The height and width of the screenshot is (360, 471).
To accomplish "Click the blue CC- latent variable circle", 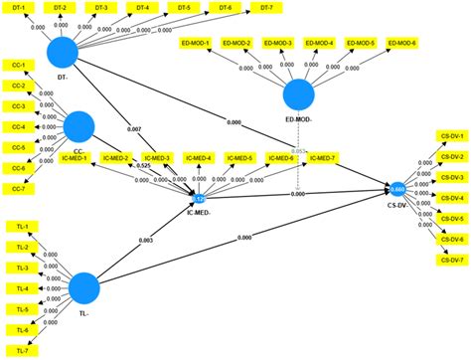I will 79,125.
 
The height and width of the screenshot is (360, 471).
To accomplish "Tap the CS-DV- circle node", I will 396,187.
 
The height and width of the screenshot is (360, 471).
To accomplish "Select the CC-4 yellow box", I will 18,127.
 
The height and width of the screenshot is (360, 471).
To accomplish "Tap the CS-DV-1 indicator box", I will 451,134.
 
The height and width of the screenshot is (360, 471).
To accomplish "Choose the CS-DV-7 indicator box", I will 451,260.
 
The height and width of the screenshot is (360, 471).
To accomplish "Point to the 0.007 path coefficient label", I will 135,130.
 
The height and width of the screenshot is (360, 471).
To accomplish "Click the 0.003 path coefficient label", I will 146,241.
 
